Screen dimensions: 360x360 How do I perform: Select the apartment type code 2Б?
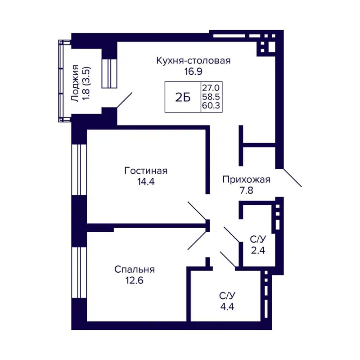click(x=183, y=97)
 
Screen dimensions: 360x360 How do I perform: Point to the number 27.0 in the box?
click(x=211, y=87)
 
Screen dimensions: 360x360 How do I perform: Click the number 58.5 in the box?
click(x=211, y=96)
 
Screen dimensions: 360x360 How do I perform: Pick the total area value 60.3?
click(x=211, y=106)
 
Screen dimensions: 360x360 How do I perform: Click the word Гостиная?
click(x=146, y=171)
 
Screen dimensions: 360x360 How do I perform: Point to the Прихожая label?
click(x=246, y=180)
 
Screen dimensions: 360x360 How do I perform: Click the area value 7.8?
click(x=246, y=191)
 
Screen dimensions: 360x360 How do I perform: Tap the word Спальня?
click(x=135, y=270)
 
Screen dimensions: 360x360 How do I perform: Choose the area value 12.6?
click(x=135, y=280)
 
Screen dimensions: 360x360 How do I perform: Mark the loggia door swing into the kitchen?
click(x=125, y=100)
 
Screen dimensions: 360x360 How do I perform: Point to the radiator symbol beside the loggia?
click(x=109, y=73)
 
